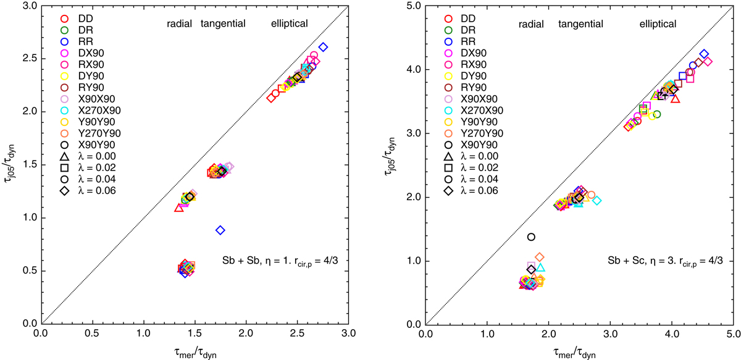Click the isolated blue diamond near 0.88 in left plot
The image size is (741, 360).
(x=220, y=230)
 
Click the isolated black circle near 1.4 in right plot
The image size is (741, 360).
(x=531, y=237)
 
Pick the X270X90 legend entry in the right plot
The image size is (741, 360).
(x=472, y=110)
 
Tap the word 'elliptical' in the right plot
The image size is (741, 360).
(x=658, y=23)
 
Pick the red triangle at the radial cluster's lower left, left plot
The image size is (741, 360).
(x=179, y=207)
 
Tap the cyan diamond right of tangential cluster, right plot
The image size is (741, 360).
(x=597, y=201)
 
